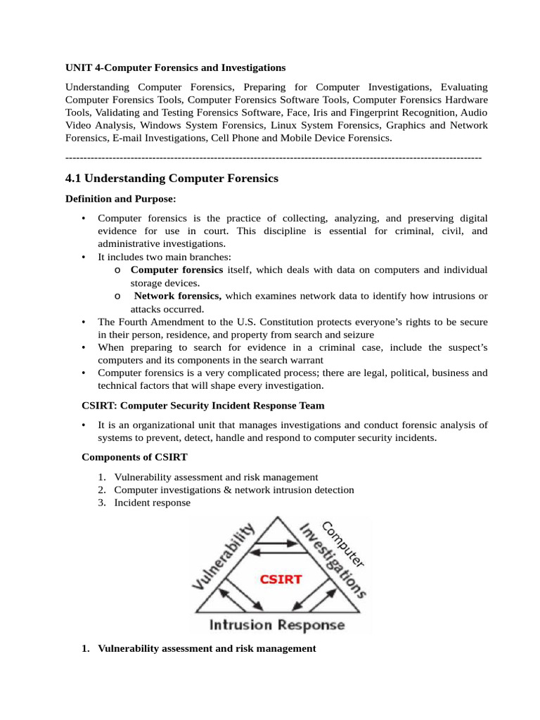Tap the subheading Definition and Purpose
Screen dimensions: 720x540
(121, 200)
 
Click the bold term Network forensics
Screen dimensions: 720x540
(177, 296)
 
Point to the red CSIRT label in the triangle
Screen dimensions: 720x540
(281, 579)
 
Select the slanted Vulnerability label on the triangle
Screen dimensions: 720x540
(223, 556)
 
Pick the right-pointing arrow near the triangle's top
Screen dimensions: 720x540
(282, 542)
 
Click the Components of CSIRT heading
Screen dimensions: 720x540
(135, 457)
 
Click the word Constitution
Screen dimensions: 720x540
(277, 322)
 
